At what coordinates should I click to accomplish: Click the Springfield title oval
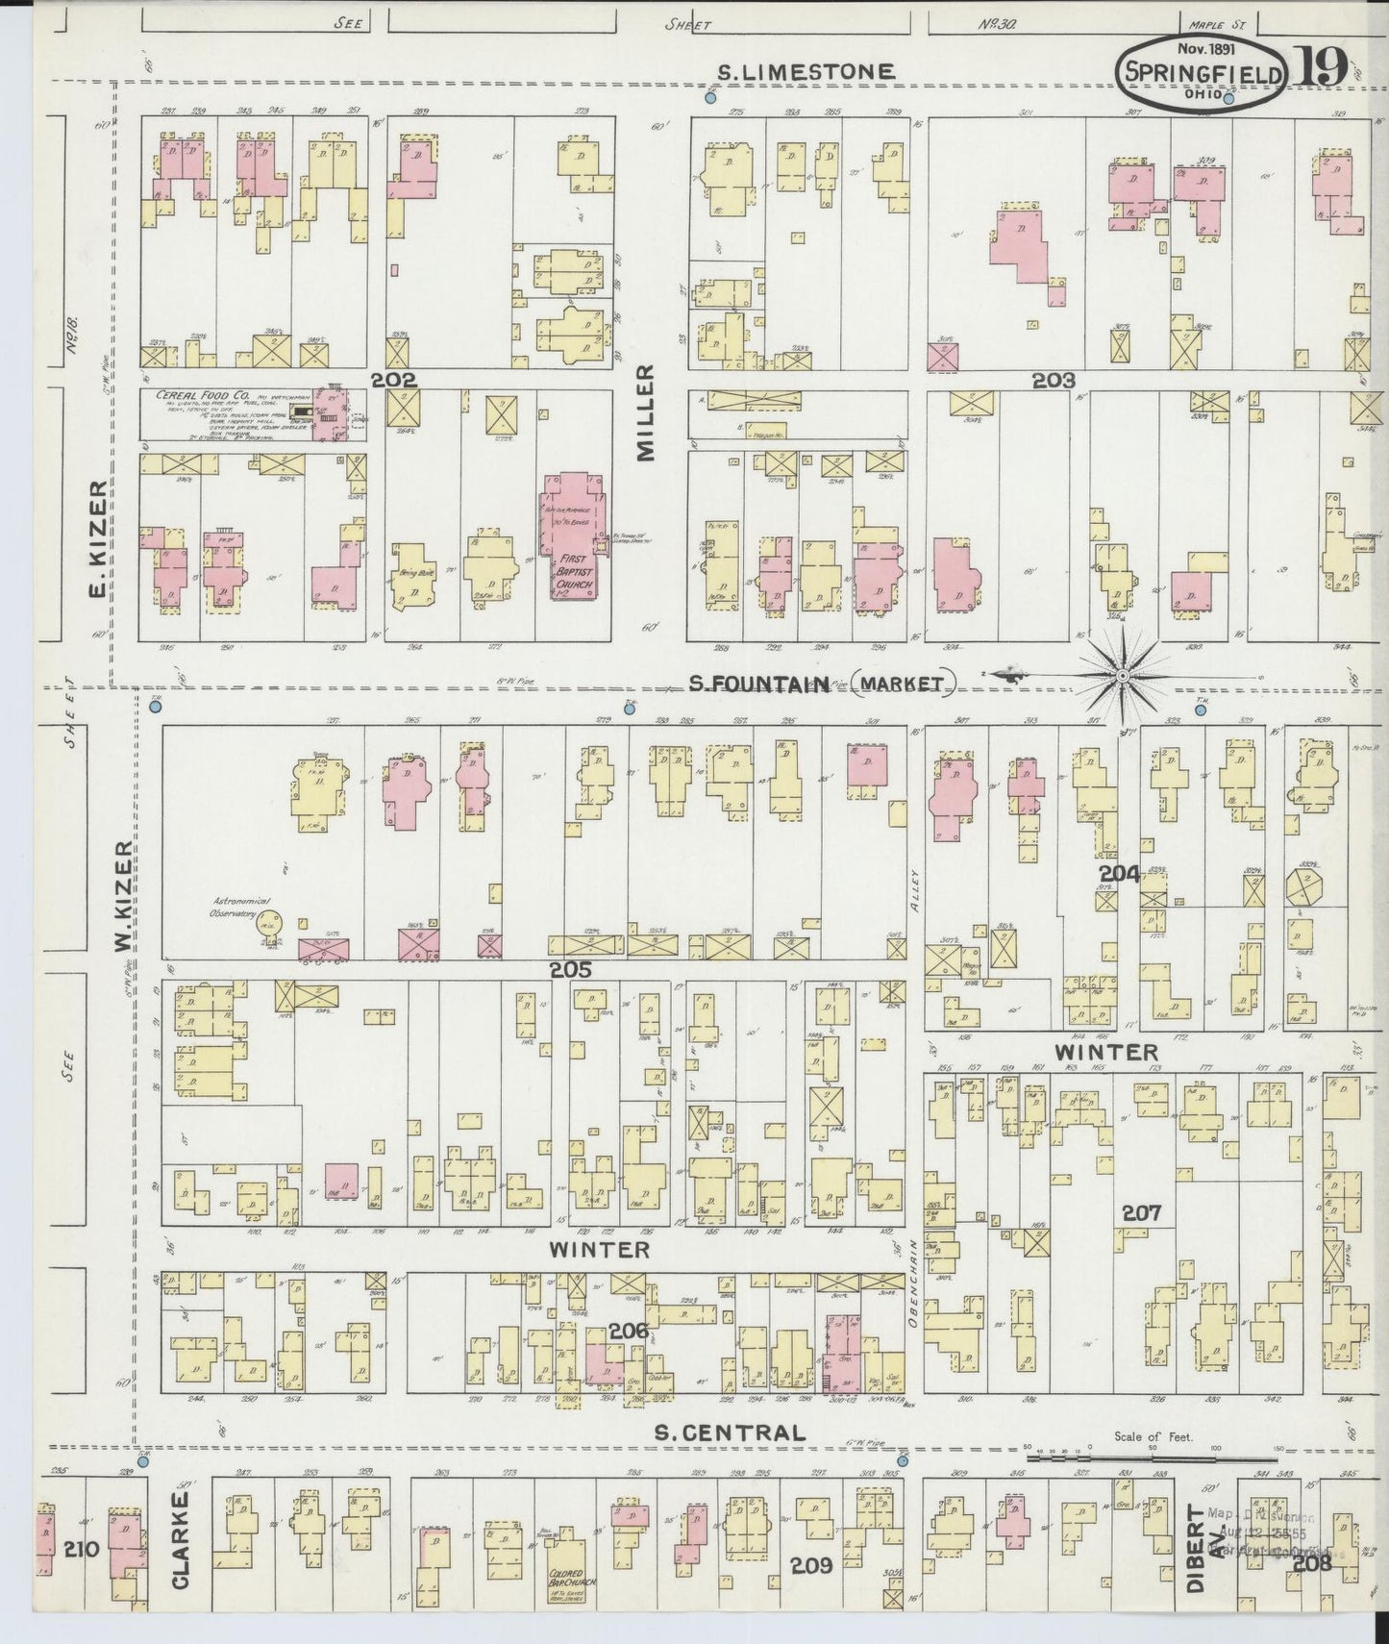(1203, 76)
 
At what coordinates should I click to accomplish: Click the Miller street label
(645, 412)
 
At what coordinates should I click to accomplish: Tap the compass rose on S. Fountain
(1121, 677)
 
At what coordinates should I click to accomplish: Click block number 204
(1120, 874)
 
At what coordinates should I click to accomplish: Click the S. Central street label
(729, 1432)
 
